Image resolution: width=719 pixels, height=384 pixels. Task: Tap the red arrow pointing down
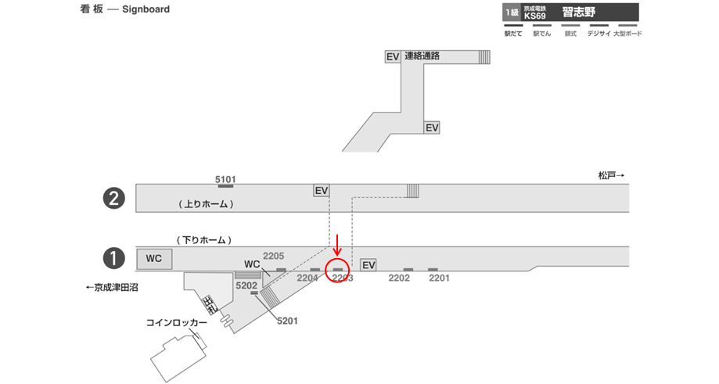(337, 244)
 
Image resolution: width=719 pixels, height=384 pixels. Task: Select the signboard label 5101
(225, 178)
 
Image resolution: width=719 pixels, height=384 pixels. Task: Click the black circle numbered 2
(115, 199)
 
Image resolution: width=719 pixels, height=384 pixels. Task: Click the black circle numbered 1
(115, 257)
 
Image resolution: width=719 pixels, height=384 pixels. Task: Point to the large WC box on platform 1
(154, 258)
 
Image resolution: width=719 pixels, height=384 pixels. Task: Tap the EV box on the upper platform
(321, 190)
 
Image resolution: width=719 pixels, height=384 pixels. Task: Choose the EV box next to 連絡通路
(393, 56)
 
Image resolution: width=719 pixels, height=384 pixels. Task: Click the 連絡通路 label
(422, 56)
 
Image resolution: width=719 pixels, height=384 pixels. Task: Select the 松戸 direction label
(611, 176)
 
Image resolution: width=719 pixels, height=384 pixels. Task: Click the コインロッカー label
(177, 322)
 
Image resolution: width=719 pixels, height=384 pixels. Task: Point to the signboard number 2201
(439, 278)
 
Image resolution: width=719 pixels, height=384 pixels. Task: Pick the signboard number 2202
(399, 278)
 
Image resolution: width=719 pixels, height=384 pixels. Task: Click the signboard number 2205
(273, 256)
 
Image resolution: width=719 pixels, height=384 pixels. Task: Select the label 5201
(286, 321)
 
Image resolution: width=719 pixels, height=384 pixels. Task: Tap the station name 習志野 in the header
(579, 12)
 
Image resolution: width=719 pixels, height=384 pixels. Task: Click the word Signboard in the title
(146, 9)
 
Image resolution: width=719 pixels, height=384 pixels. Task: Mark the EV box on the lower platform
(368, 265)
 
